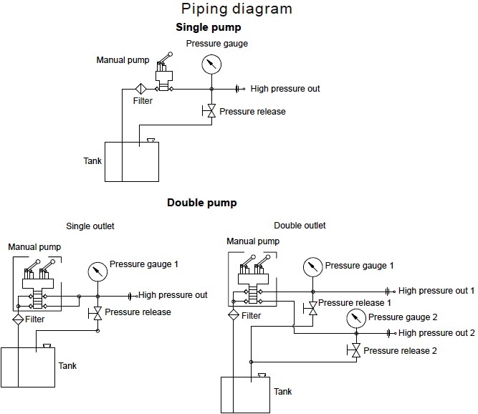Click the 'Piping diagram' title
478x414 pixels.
236,9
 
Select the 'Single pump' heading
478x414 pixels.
208,27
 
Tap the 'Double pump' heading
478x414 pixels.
201,203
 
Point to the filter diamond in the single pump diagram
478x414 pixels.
141,90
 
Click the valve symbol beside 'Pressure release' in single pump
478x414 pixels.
211,111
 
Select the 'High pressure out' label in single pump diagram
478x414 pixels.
285,89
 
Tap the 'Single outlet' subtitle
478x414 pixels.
90,226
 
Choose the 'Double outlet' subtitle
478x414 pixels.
300,226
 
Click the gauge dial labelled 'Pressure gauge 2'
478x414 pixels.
356,317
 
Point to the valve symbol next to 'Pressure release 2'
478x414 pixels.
356,350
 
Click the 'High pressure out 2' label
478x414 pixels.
436,333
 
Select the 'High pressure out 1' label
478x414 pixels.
436,291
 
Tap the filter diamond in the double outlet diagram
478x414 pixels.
233,315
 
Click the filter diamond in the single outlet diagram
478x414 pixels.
18,319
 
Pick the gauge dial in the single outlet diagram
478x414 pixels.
97,271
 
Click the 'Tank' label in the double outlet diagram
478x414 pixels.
282,392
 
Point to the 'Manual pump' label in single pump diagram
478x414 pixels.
123,59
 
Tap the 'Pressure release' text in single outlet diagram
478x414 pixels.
138,312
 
